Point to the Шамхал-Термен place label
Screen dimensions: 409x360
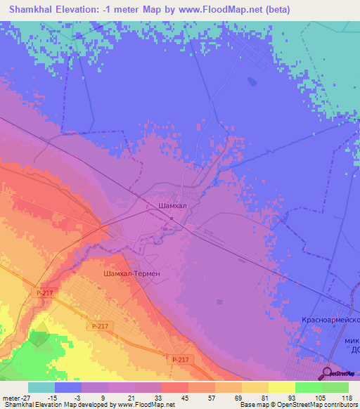point(131,273)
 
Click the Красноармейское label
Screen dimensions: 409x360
point(330,320)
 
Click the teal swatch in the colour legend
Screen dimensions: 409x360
point(41,387)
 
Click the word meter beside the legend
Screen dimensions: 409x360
point(10,396)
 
